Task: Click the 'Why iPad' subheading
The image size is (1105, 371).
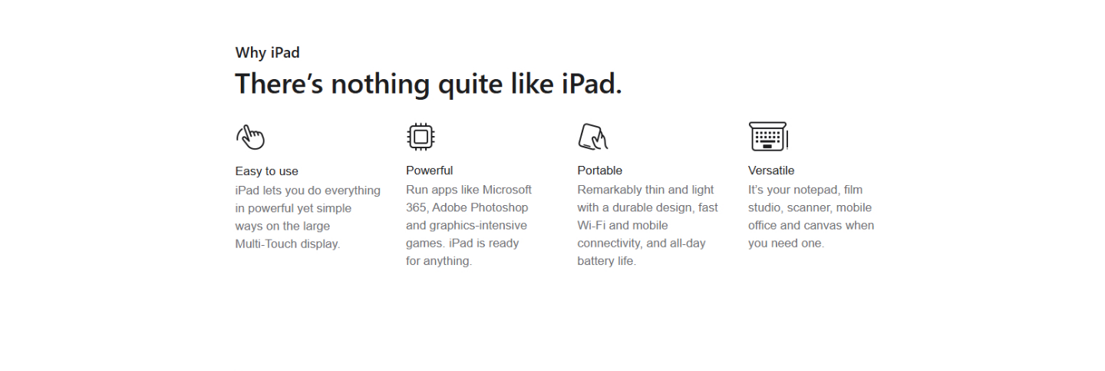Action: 267,53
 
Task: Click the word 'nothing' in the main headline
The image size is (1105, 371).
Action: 381,84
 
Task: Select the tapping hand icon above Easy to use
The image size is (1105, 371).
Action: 251,137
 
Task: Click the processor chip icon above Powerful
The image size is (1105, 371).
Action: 421,137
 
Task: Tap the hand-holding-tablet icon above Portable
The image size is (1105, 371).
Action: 592,137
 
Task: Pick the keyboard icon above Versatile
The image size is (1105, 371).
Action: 769,137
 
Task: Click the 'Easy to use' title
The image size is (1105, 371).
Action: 267,171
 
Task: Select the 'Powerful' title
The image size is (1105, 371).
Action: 429,171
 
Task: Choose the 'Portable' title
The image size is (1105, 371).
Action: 600,171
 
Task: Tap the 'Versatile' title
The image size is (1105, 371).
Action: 771,171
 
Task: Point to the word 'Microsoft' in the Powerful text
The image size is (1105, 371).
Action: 507,190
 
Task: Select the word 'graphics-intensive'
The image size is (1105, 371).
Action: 478,226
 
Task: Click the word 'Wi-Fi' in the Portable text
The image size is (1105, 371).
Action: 592,225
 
